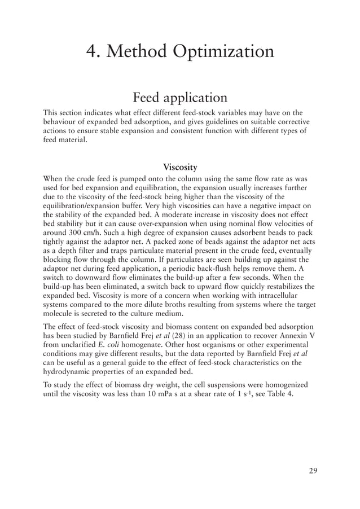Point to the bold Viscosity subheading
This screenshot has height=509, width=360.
179,168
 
